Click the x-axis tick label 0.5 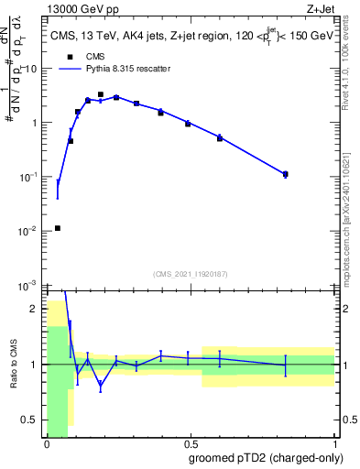190,445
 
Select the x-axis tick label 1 334,445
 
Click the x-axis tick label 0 46,445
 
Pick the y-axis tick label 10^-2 29,231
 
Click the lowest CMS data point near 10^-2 58,228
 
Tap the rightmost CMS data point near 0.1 286,174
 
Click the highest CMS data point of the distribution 100,94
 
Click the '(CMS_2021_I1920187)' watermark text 190,273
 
